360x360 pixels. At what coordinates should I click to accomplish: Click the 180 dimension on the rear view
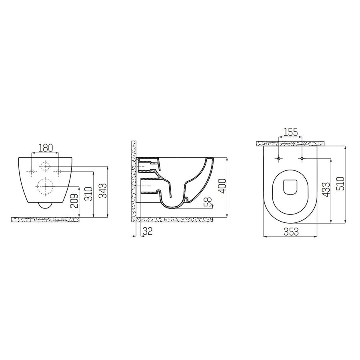coord(45,148)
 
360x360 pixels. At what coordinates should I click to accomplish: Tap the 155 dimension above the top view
coord(290,132)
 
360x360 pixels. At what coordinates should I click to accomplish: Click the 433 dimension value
coord(327,190)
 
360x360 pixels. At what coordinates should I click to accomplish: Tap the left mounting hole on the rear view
coord(32,172)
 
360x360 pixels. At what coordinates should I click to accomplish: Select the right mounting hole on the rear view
coord(58,172)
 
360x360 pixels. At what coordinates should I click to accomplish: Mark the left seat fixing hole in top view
coord(278,159)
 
